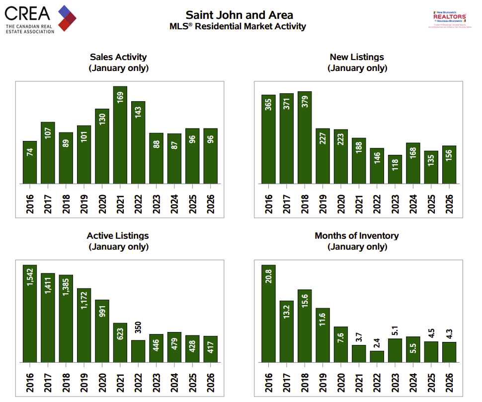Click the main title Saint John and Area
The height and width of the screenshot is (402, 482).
click(240, 15)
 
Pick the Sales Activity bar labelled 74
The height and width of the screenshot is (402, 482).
click(30, 162)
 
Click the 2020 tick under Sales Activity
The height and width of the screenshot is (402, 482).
click(102, 201)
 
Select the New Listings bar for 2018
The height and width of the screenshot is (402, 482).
click(305, 137)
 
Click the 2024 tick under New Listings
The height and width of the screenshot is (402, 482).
click(413, 201)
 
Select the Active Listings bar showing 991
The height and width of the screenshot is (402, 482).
click(102, 331)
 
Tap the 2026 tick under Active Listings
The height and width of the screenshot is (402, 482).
click(211, 379)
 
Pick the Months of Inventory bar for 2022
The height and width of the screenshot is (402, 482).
click(377, 357)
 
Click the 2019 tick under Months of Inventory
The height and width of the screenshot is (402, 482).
click(322, 379)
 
